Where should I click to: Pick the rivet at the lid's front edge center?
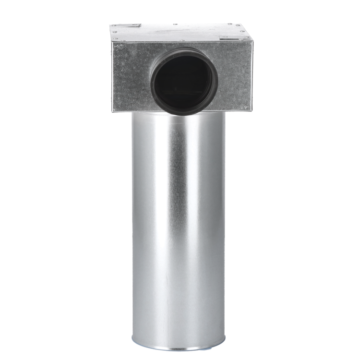pyautogui.click(x=182, y=40)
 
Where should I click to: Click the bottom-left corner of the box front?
pyautogui.click(x=113, y=111)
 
